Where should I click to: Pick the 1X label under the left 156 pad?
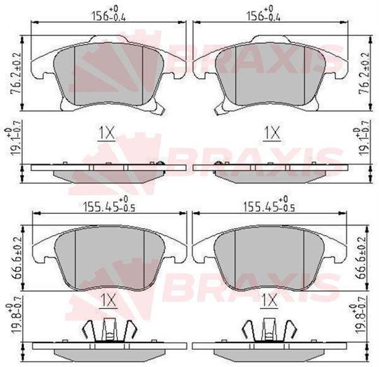(107, 133)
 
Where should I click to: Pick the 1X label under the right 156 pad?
(271, 133)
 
